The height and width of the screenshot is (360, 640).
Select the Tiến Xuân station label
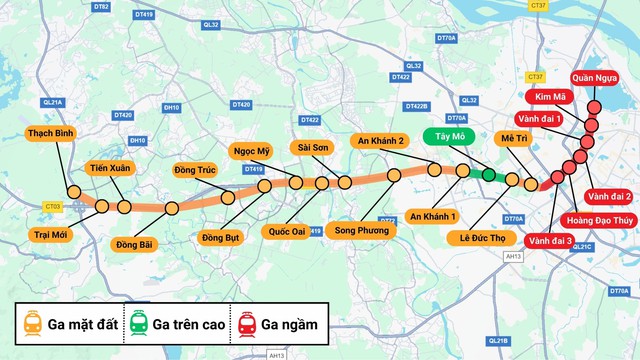109,169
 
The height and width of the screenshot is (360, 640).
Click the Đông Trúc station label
195,169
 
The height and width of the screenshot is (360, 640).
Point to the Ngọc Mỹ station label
252,151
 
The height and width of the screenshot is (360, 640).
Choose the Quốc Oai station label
287,231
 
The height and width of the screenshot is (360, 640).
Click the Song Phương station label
355,231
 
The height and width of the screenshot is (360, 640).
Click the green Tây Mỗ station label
443,135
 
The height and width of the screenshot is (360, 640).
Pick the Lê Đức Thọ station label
481,238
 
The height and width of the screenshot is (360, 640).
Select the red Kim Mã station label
551,97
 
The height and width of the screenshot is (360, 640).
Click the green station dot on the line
488,175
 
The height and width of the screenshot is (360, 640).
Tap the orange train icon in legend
33,323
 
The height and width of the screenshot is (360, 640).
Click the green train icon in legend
137,323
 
